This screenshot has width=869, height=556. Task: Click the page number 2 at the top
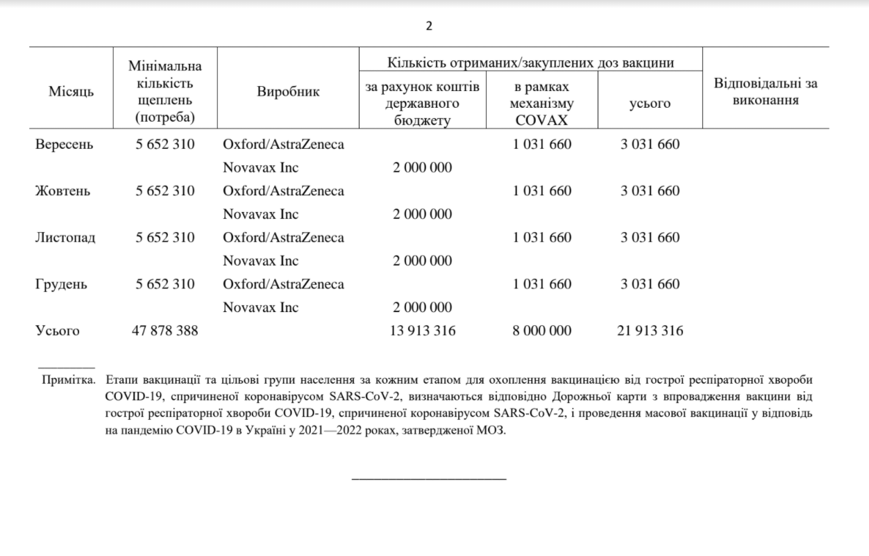[429, 26]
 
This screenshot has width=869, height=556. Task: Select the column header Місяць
[71, 92]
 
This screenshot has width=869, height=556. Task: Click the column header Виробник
[288, 92]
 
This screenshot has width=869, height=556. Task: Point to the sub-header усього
[650, 104]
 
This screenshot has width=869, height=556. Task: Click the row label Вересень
[64, 145]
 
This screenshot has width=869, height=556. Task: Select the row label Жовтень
[62, 191]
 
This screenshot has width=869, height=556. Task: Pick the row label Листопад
[65, 238]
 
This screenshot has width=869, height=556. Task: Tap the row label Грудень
[61, 284]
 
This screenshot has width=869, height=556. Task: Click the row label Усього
[58, 331]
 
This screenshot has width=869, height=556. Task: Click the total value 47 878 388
[164, 331]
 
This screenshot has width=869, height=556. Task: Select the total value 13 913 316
[423, 331]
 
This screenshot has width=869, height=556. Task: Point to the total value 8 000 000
[542, 331]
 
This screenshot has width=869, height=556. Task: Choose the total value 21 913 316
[650, 331]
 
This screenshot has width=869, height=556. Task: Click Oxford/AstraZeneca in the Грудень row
[283, 284]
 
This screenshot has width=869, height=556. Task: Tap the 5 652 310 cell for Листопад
[164, 238]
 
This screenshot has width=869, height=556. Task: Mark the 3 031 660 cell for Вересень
[650, 145]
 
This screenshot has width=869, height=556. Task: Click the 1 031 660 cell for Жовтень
[542, 191]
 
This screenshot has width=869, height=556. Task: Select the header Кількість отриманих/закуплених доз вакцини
[530, 63]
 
